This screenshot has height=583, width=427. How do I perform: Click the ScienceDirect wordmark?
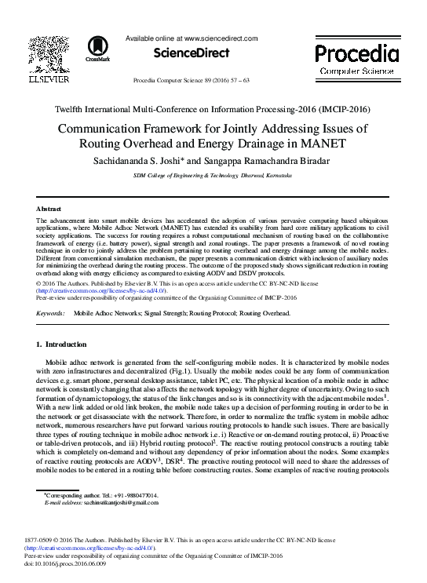191,53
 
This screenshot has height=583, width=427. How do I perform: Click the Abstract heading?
50,209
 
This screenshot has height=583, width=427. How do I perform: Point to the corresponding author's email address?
118,502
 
